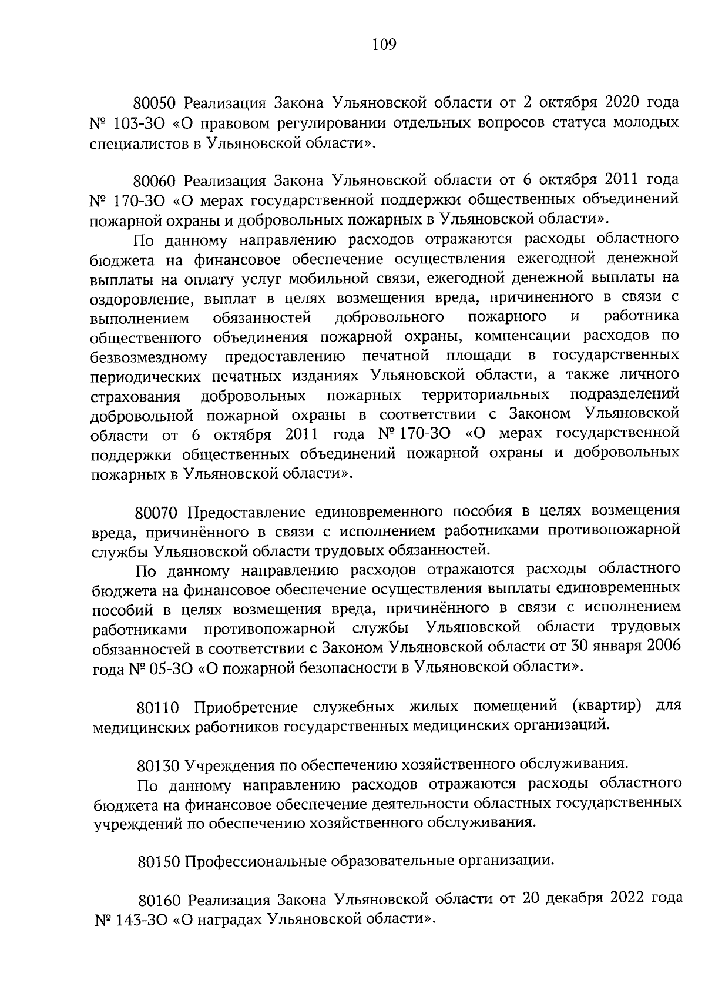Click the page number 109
click(384, 45)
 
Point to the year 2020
click(618, 102)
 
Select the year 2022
click(622, 898)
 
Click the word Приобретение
click(242, 707)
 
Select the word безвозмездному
click(150, 357)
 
